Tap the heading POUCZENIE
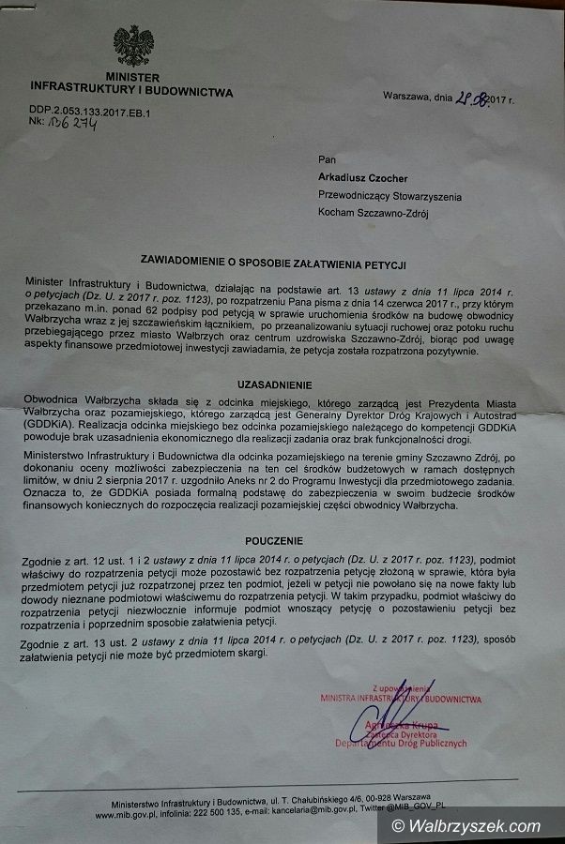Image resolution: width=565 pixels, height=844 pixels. [x=274, y=541]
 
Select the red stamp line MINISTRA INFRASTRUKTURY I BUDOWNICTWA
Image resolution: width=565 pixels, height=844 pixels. [x=401, y=699]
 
